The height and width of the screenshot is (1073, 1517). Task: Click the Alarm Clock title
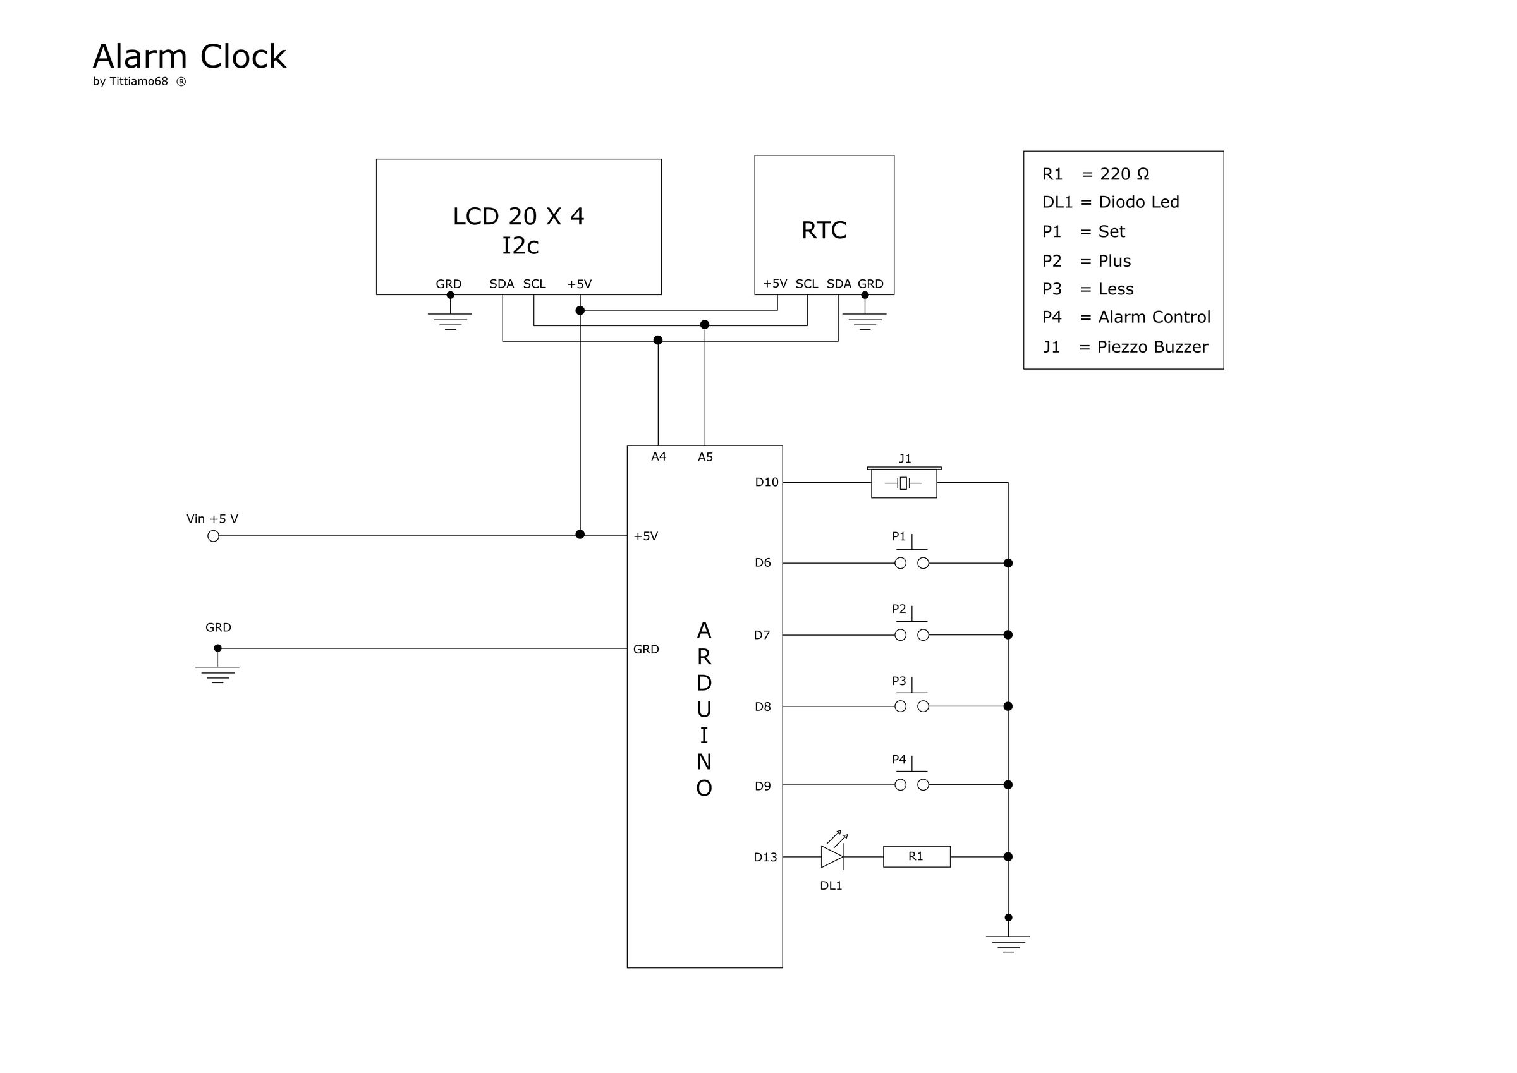pyautogui.click(x=189, y=57)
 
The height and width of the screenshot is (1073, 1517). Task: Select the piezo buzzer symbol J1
pyautogui.click(x=904, y=483)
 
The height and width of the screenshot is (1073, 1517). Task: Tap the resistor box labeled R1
pyautogui.click(x=917, y=856)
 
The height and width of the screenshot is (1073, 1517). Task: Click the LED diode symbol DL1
pyautogui.click(x=832, y=856)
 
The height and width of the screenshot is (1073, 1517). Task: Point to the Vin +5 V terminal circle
pyautogui.click(x=214, y=536)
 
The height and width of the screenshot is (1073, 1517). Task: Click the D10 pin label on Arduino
pyautogui.click(x=767, y=482)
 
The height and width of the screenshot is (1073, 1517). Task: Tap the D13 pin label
pyautogui.click(x=765, y=857)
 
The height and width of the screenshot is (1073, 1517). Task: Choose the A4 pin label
pyautogui.click(x=658, y=456)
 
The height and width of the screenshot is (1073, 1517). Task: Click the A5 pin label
pyautogui.click(x=705, y=456)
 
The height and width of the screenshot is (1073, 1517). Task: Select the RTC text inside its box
pyautogui.click(x=824, y=230)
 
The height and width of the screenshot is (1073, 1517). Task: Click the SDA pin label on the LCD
pyautogui.click(x=501, y=284)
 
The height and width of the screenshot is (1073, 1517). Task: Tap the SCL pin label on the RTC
pyautogui.click(x=806, y=284)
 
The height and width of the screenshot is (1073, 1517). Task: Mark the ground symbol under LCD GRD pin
pyautogui.click(x=450, y=320)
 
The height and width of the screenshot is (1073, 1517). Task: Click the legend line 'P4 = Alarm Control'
pyautogui.click(x=1126, y=317)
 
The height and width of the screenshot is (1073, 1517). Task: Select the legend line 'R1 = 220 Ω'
pyautogui.click(x=1095, y=174)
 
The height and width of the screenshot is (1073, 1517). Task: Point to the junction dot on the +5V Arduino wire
pyautogui.click(x=580, y=534)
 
